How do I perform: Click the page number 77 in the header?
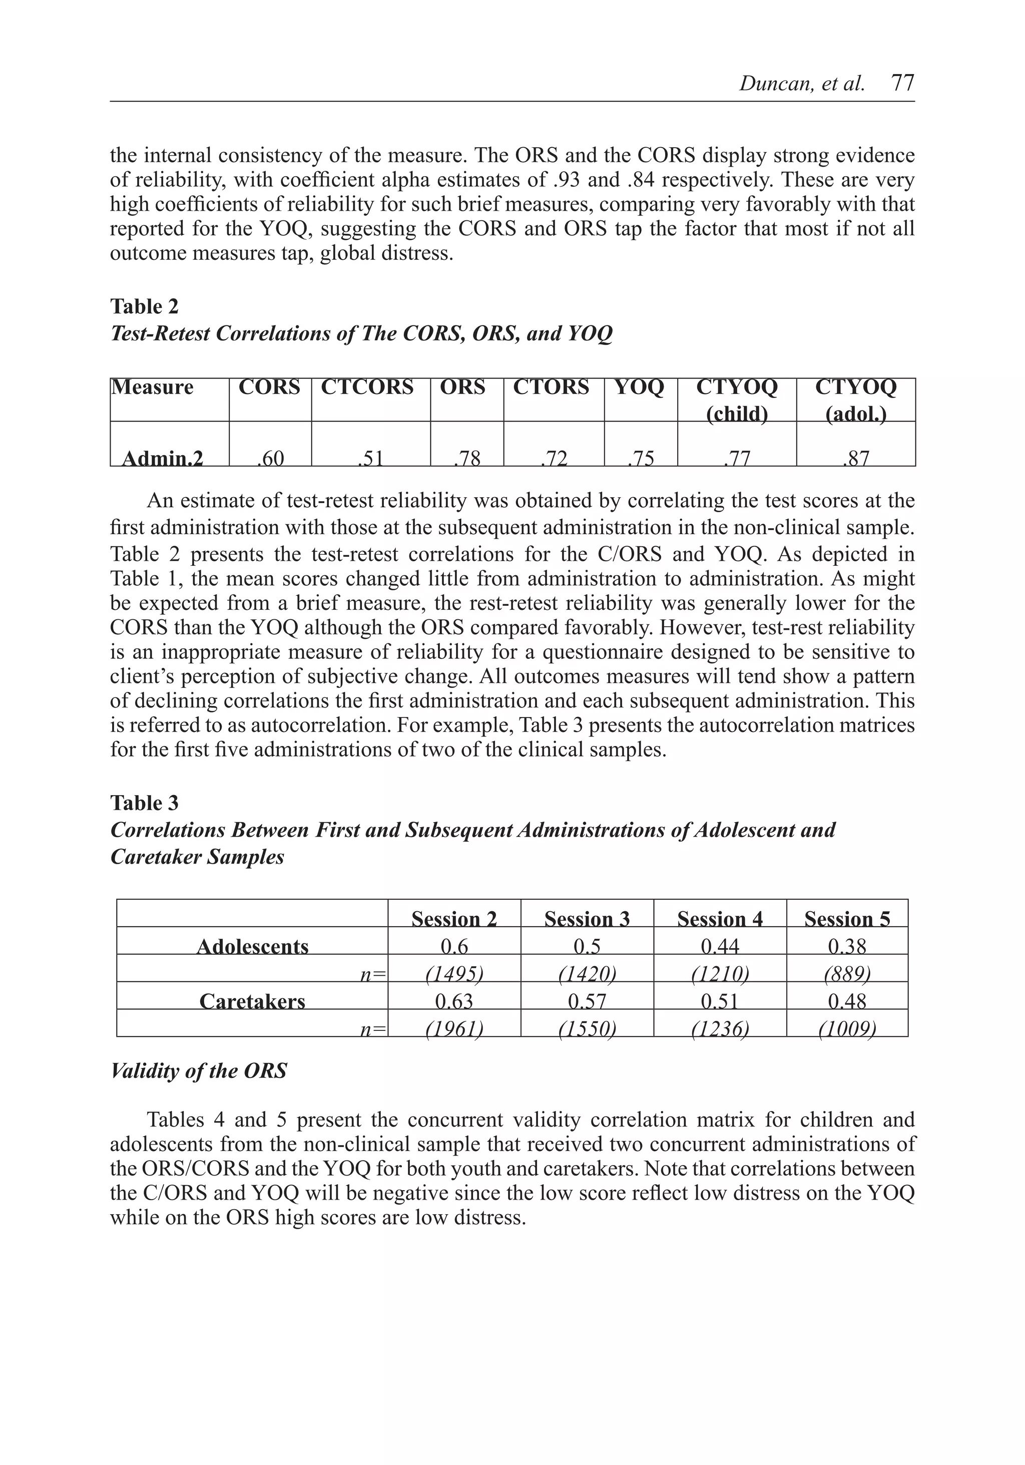(902, 83)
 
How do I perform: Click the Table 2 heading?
(144, 306)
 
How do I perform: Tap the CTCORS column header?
(367, 388)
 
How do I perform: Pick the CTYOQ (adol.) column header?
(855, 400)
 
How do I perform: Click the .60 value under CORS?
(270, 458)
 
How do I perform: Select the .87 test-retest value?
(855, 458)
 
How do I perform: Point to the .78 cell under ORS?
(467, 458)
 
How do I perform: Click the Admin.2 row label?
(162, 458)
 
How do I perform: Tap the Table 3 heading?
(144, 802)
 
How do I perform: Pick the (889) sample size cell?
(847, 974)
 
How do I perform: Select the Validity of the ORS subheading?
(198, 1070)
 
